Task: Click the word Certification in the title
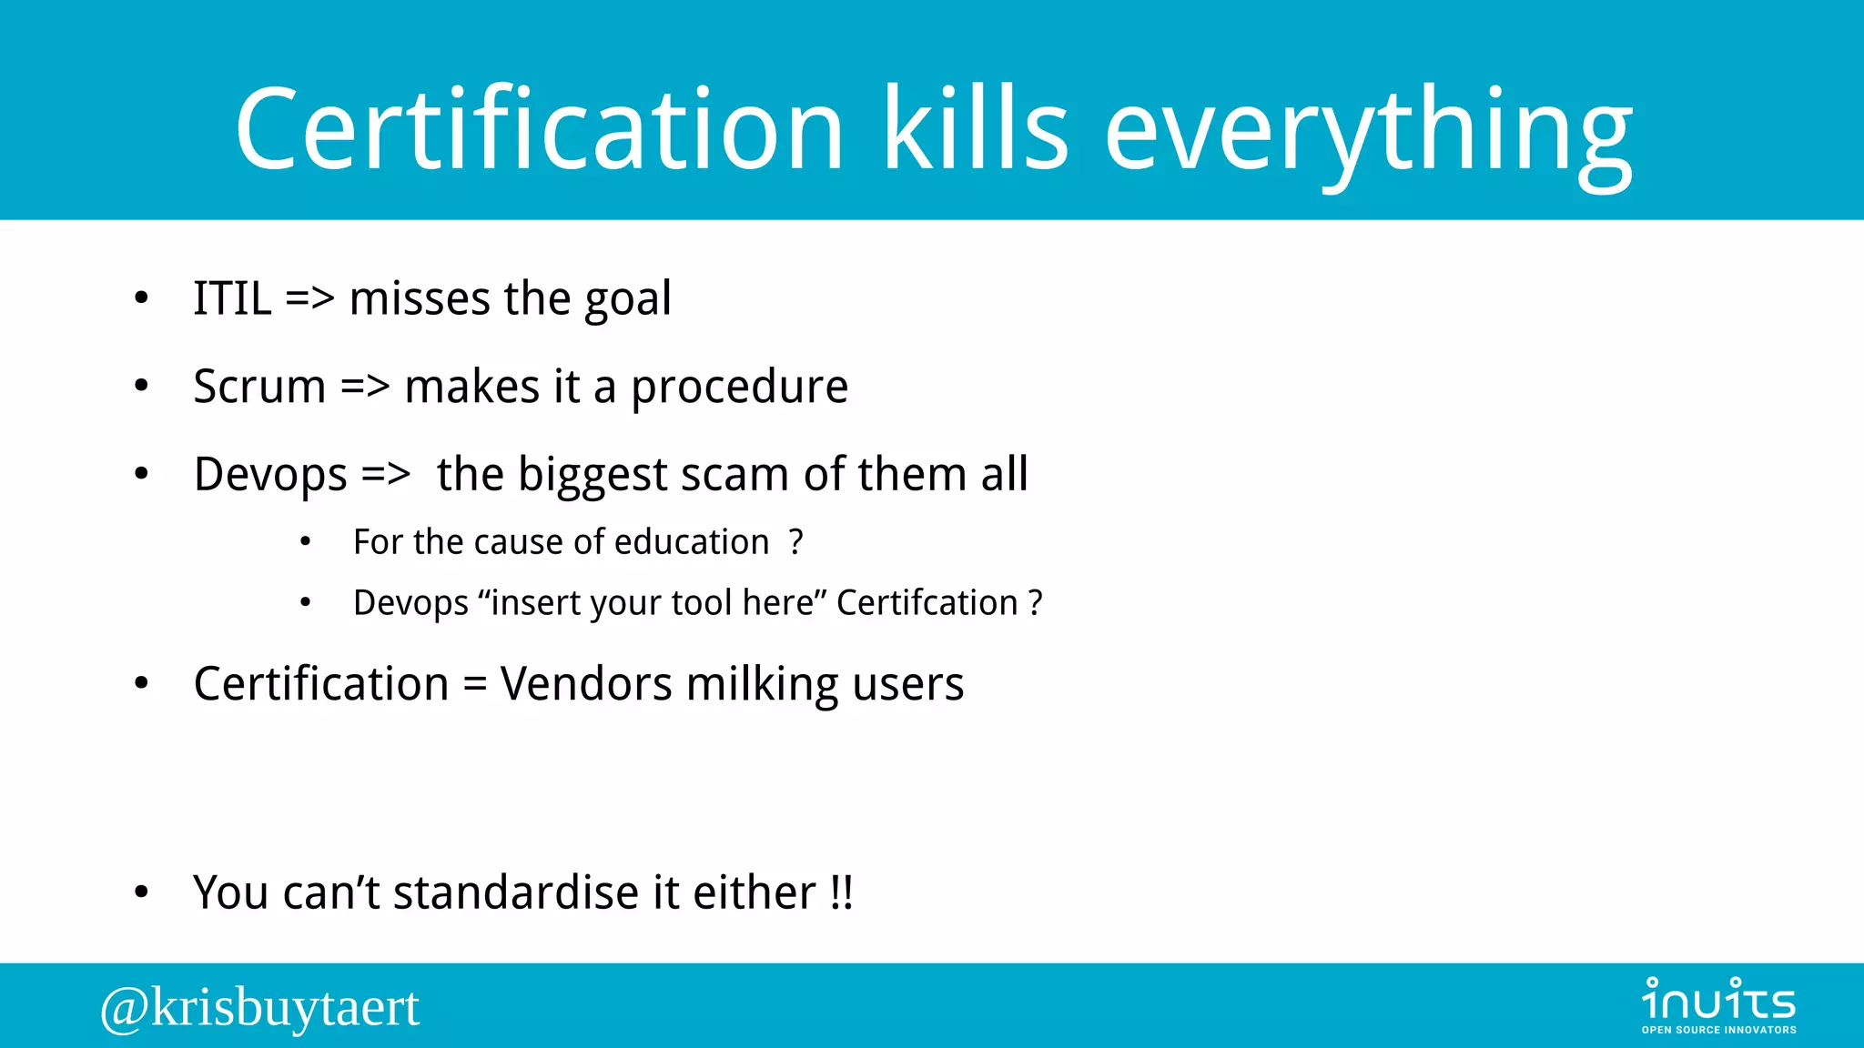point(539,129)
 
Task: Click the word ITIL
point(232,298)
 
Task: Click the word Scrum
point(259,387)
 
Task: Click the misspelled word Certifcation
point(927,602)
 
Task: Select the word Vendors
point(586,684)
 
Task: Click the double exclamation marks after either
point(842,892)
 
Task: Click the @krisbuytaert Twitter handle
point(260,1008)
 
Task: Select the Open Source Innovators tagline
point(1718,1030)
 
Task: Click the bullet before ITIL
point(141,298)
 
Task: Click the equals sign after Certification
point(474,684)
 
